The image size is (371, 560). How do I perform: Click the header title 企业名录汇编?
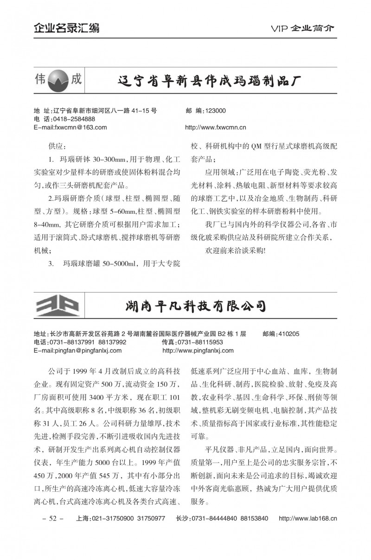pos(66,28)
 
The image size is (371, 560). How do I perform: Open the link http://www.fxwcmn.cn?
pos(215,127)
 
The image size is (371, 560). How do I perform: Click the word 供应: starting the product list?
pos(56,146)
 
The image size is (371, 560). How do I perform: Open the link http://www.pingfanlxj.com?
pos(198,350)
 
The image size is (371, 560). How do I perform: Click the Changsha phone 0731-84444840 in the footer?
pos(218,518)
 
